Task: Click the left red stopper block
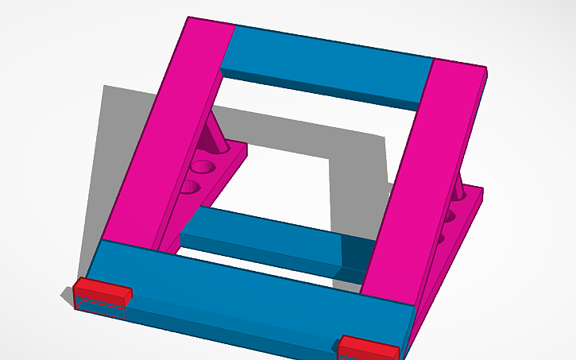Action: coord(102,289)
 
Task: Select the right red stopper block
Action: coord(367,347)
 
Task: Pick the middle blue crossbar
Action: coord(262,238)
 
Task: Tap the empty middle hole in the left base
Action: coord(203,168)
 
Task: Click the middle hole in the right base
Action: coord(450,215)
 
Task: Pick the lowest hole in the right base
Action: coord(442,235)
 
